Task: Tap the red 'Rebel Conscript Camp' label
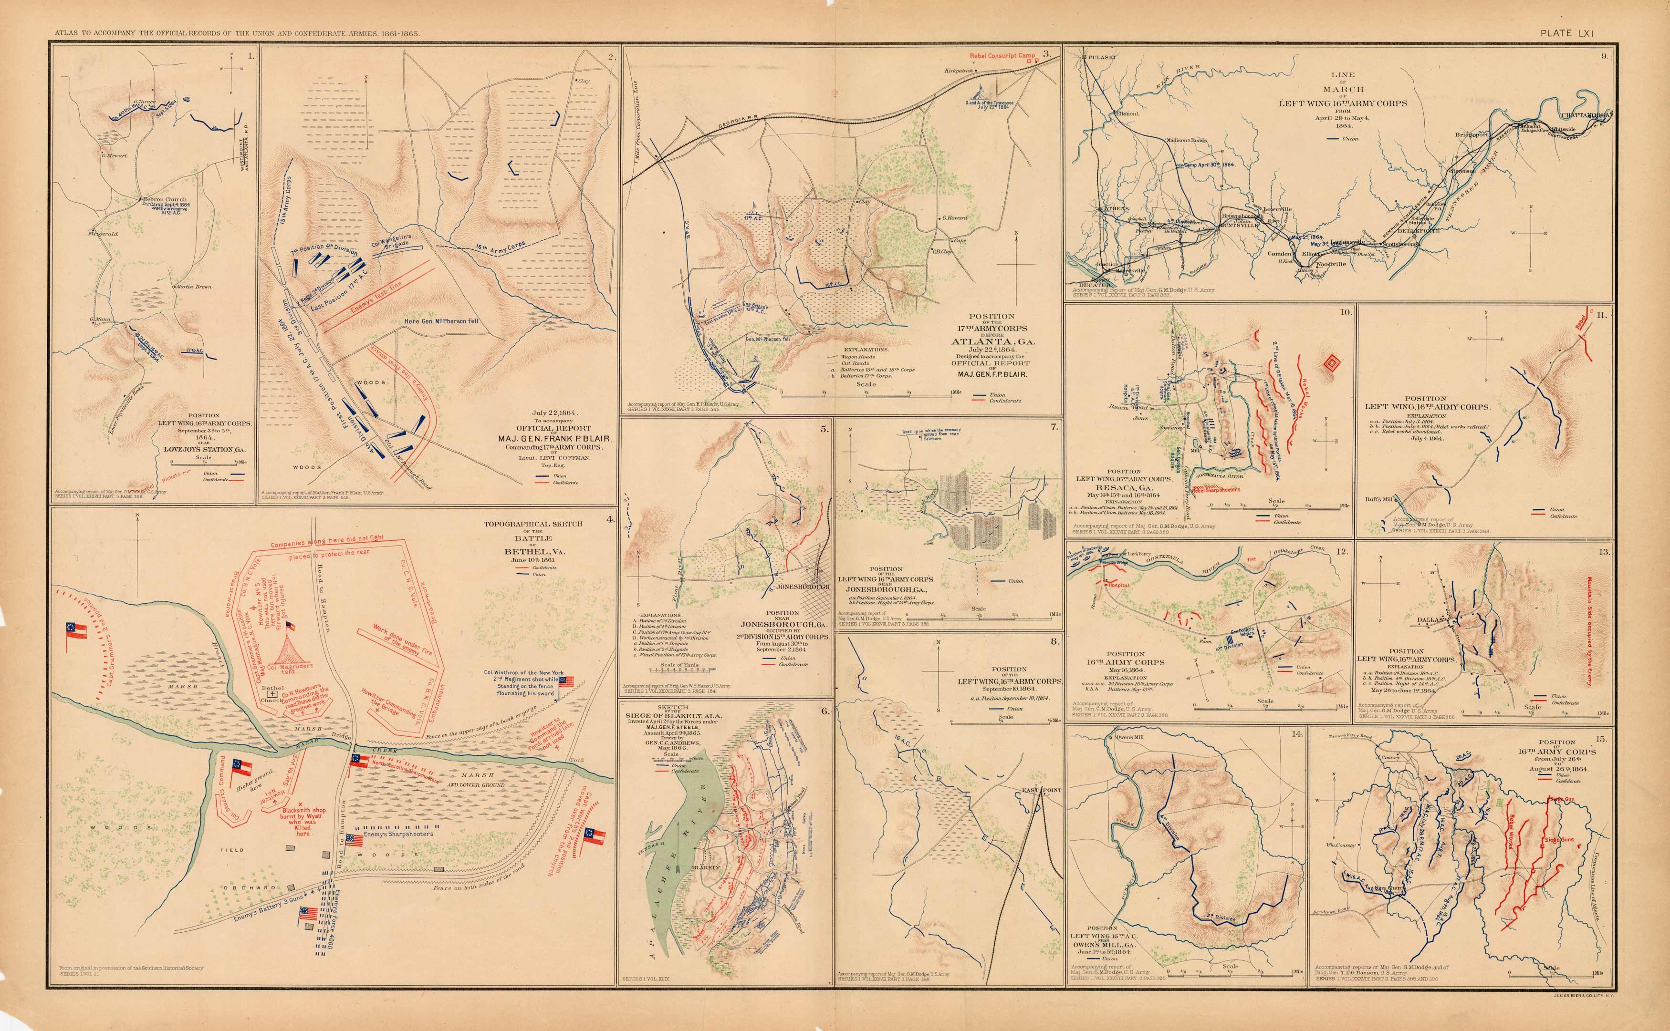(x=1002, y=55)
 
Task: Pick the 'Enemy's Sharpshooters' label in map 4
(x=398, y=833)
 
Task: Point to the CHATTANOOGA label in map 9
(x=1590, y=116)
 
